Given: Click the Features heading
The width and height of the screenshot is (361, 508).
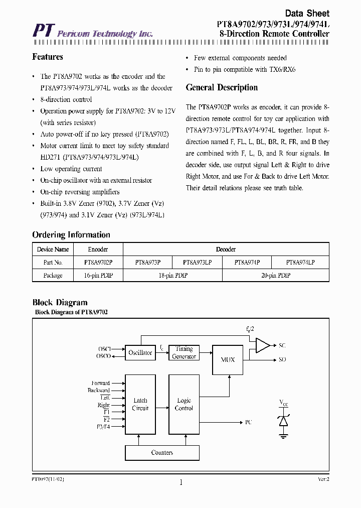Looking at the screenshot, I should [48, 57].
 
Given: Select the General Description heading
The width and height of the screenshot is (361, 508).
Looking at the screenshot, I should [222, 87].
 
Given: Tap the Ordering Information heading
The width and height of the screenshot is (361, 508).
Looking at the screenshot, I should [71, 235].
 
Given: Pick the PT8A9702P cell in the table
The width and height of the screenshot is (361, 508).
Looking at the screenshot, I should [98, 262].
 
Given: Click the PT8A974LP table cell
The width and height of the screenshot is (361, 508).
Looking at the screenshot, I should [300, 262].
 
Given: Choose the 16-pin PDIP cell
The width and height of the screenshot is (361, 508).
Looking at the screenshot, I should [98, 276].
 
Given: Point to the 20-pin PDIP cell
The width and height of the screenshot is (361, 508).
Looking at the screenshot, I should [275, 276].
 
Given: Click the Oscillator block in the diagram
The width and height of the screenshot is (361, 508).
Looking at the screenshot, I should [140, 352].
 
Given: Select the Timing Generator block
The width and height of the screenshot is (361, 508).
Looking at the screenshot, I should [184, 352].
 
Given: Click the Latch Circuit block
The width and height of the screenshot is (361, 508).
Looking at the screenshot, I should [140, 404].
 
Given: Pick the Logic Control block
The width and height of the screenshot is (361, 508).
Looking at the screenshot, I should [184, 404].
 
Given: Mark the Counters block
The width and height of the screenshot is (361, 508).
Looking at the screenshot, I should [162, 453].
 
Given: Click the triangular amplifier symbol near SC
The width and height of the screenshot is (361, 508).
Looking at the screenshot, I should [262, 345].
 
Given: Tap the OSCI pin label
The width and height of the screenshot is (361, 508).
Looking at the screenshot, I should [104, 348].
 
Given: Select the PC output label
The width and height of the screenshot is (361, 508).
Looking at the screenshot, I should [249, 423].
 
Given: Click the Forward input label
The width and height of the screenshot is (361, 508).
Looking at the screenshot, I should [100, 383].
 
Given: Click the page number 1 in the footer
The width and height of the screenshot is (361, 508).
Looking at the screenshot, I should [180, 483].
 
